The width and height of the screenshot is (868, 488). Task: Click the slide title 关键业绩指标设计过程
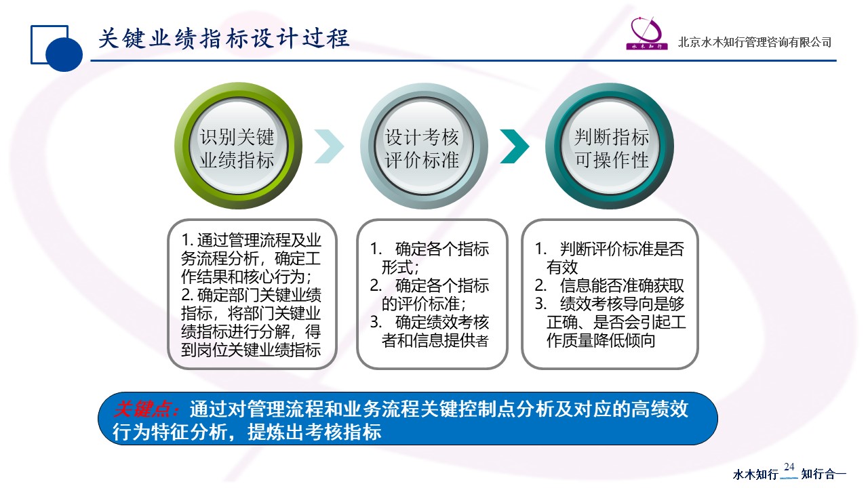[x=224, y=39]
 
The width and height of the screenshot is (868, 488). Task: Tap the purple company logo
[x=647, y=34]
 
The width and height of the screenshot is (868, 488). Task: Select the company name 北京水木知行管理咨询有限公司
[x=755, y=42]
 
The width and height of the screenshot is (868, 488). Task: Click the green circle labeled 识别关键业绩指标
[x=238, y=146]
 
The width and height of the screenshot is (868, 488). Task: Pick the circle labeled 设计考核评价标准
[x=424, y=146]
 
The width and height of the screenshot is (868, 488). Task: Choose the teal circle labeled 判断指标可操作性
[x=610, y=146]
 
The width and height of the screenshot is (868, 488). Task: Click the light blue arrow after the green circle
[x=329, y=146]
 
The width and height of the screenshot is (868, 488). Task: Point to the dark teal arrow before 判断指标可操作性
[x=515, y=146]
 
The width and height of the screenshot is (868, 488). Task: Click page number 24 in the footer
[x=789, y=466]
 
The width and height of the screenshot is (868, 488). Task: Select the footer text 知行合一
[x=823, y=474]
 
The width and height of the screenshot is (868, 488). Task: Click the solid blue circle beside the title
[x=64, y=54]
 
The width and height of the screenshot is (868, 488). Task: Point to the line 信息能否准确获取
[x=622, y=286]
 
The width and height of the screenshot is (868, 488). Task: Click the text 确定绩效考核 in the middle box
[x=441, y=322]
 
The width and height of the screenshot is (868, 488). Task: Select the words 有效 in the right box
[x=562, y=267]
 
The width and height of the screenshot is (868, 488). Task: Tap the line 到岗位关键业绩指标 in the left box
[x=251, y=350]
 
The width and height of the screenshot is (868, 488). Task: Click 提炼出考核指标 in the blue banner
[x=314, y=432]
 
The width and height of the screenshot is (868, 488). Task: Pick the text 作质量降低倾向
[x=601, y=341]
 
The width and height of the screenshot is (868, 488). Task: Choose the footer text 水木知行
[x=755, y=474]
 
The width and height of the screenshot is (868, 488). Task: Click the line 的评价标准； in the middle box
[x=424, y=304]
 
